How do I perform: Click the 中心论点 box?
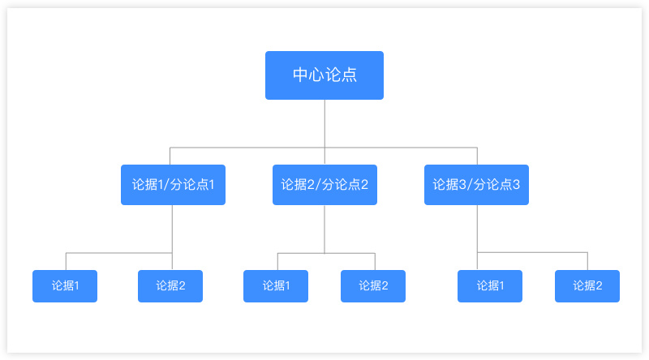click(x=324, y=75)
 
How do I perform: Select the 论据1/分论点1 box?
click(x=173, y=185)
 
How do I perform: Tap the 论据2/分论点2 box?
click(x=324, y=185)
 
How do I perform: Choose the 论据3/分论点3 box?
click(x=476, y=185)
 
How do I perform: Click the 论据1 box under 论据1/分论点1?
click(x=65, y=286)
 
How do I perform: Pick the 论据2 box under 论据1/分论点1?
click(x=170, y=286)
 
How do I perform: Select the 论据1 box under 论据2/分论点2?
click(x=276, y=286)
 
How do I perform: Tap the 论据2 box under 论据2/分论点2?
click(x=373, y=286)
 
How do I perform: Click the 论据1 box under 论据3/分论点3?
click(x=490, y=286)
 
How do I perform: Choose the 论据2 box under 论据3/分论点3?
click(x=587, y=286)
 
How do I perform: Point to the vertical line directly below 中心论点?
click(x=324, y=132)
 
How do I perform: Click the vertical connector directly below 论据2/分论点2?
click(x=324, y=229)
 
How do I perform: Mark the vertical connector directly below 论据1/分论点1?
click(x=172, y=238)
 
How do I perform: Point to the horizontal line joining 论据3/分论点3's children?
click(x=532, y=252)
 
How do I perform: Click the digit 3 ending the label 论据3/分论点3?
click(x=516, y=185)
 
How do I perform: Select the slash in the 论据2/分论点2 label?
click(x=318, y=185)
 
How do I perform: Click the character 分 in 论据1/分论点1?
click(x=176, y=185)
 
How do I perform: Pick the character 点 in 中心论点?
click(x=349, y=75)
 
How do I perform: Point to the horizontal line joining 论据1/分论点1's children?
click(x=119, y=253)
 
